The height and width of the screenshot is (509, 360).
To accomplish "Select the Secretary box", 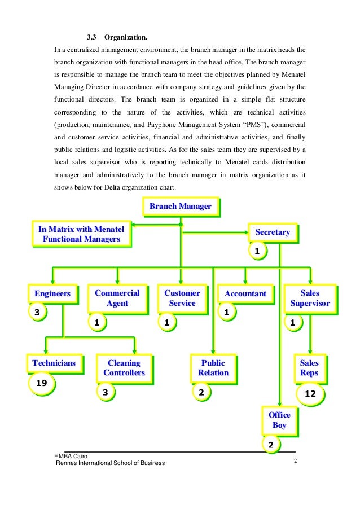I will coord(273,232).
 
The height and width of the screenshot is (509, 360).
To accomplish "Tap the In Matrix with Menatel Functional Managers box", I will coord(81,234).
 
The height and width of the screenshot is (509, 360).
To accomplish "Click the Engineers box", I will coord(52,293).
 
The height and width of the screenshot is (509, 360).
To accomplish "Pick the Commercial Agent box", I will coord(117,298).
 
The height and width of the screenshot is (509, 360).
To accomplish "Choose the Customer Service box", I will coord(182,298).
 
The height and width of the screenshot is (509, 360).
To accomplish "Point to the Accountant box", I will coord(245,293).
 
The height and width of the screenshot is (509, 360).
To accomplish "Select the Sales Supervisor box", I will coord(310,298).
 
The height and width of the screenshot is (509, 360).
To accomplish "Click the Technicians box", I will coord(54,363).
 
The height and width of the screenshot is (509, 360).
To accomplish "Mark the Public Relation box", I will coord(213,367).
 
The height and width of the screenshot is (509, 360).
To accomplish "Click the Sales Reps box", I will coord(309,367).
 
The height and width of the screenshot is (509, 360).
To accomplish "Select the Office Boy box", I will coord(279,420).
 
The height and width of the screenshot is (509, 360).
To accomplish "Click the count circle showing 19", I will coord(41,383).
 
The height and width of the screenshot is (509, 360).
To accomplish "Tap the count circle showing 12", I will coord(310,394).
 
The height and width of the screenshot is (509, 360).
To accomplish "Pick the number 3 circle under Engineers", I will coord(37,312).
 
